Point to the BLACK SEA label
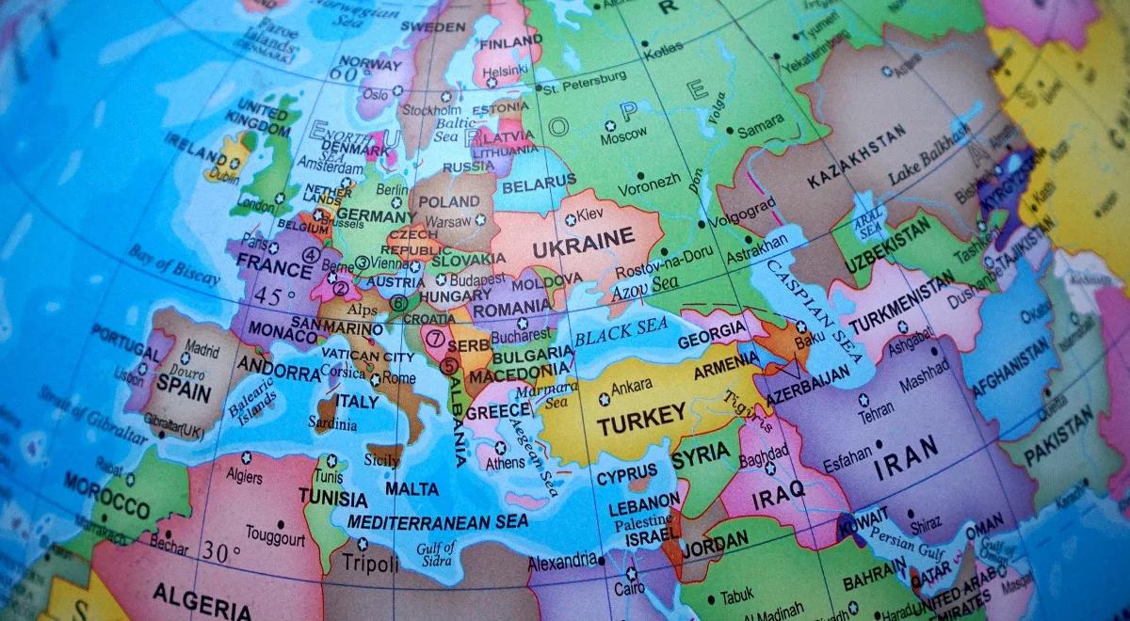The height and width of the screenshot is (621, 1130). (x=621, y=331)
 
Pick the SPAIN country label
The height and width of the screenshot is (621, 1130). (x=183, y=388)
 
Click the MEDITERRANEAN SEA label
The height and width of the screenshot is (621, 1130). (x=438, y=521)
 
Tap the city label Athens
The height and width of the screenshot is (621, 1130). (x=506, y=463)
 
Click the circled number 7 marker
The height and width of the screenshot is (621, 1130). (x=435, y=336)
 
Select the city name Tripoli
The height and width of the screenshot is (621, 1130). (x=363, y=562)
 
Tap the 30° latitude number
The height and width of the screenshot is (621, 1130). (x=217, y=554)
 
